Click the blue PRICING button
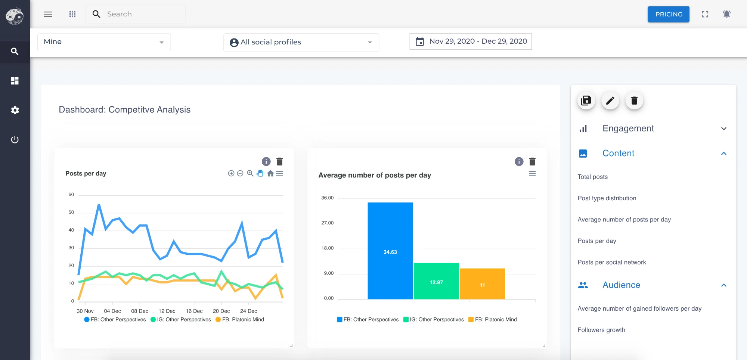[x=668, y=14]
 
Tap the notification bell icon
[x=726, y=14]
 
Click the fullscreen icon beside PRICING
[x=705, y=14]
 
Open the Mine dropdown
[x=104, y=42]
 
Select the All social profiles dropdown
[x=301, y=42]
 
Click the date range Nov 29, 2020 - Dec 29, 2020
[x=471, y=41]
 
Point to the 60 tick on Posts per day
[x=71, y=195]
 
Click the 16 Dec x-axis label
[x=194, y=311]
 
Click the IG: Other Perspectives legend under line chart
[x=181, y=320]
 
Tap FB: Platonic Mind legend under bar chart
[x=493, y=320]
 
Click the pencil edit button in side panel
[x=610, y=101]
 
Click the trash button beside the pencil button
[x=634, y=101]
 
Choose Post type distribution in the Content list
[x=607, y=198]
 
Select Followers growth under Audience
[x=601, y=330]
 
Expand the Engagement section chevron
[x=723, y=129]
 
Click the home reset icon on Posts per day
[x=270, y=173]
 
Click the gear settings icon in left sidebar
[x=15, y=110]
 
